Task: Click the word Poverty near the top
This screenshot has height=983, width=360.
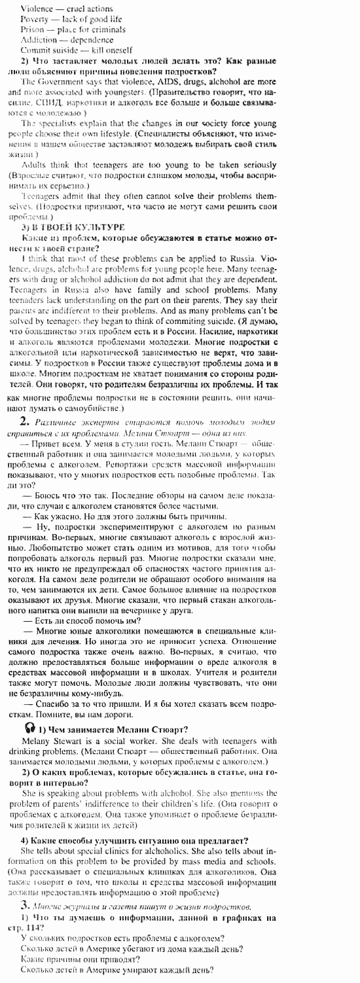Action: coord(34,20)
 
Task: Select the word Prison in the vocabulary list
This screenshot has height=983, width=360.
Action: coord(32,29)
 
